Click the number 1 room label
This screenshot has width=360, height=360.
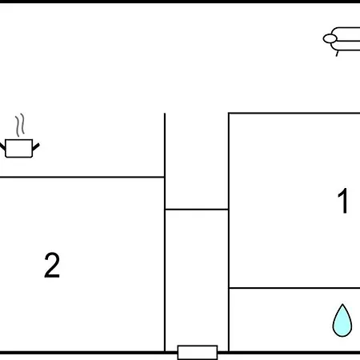343,201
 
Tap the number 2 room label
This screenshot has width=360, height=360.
52,265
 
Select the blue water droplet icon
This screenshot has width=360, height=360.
342,320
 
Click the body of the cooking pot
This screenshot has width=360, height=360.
19,148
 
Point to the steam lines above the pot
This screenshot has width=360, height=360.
20,125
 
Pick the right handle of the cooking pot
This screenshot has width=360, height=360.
36,147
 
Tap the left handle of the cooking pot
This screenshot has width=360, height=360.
2,146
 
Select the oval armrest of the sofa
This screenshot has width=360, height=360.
330,38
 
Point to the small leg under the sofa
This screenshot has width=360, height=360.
337,54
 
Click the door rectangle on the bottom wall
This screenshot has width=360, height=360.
198,352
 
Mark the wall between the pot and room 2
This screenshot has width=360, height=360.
82,177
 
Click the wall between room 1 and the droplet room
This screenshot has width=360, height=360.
294,288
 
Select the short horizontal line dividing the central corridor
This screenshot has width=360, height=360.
197,210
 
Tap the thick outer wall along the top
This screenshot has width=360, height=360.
180,2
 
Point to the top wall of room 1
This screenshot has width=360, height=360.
294,114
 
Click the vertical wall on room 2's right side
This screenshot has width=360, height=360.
165,232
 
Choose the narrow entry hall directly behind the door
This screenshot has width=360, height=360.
197,278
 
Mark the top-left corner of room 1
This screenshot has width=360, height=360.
229,114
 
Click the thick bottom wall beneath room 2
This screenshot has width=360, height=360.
82,353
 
